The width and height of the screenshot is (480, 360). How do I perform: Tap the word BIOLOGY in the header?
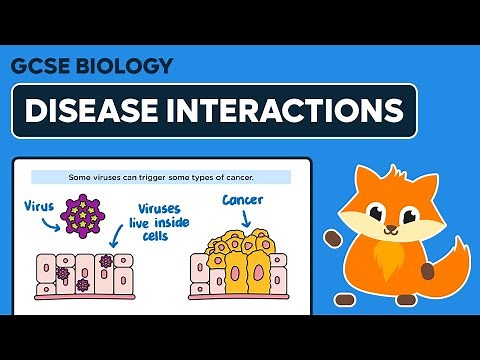[x=122, y=66]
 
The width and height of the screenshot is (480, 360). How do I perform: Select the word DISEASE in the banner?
[x=93, y=110]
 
